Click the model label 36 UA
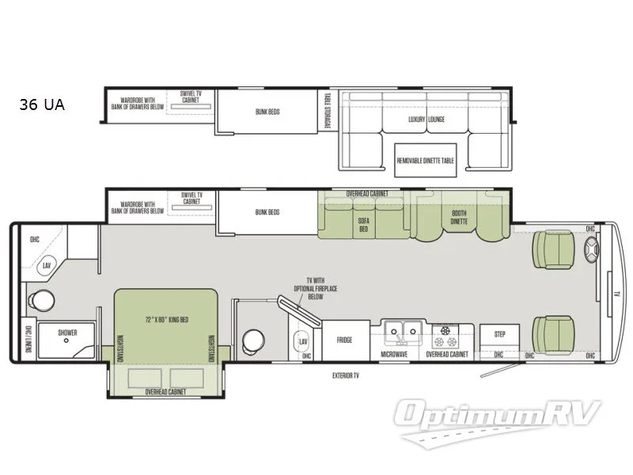(x=43, y=104)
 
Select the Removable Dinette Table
(x=426, y=161)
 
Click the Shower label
(x=67, y=333)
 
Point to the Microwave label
(x=394, y=354)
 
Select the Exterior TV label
(x=346, y=376)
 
